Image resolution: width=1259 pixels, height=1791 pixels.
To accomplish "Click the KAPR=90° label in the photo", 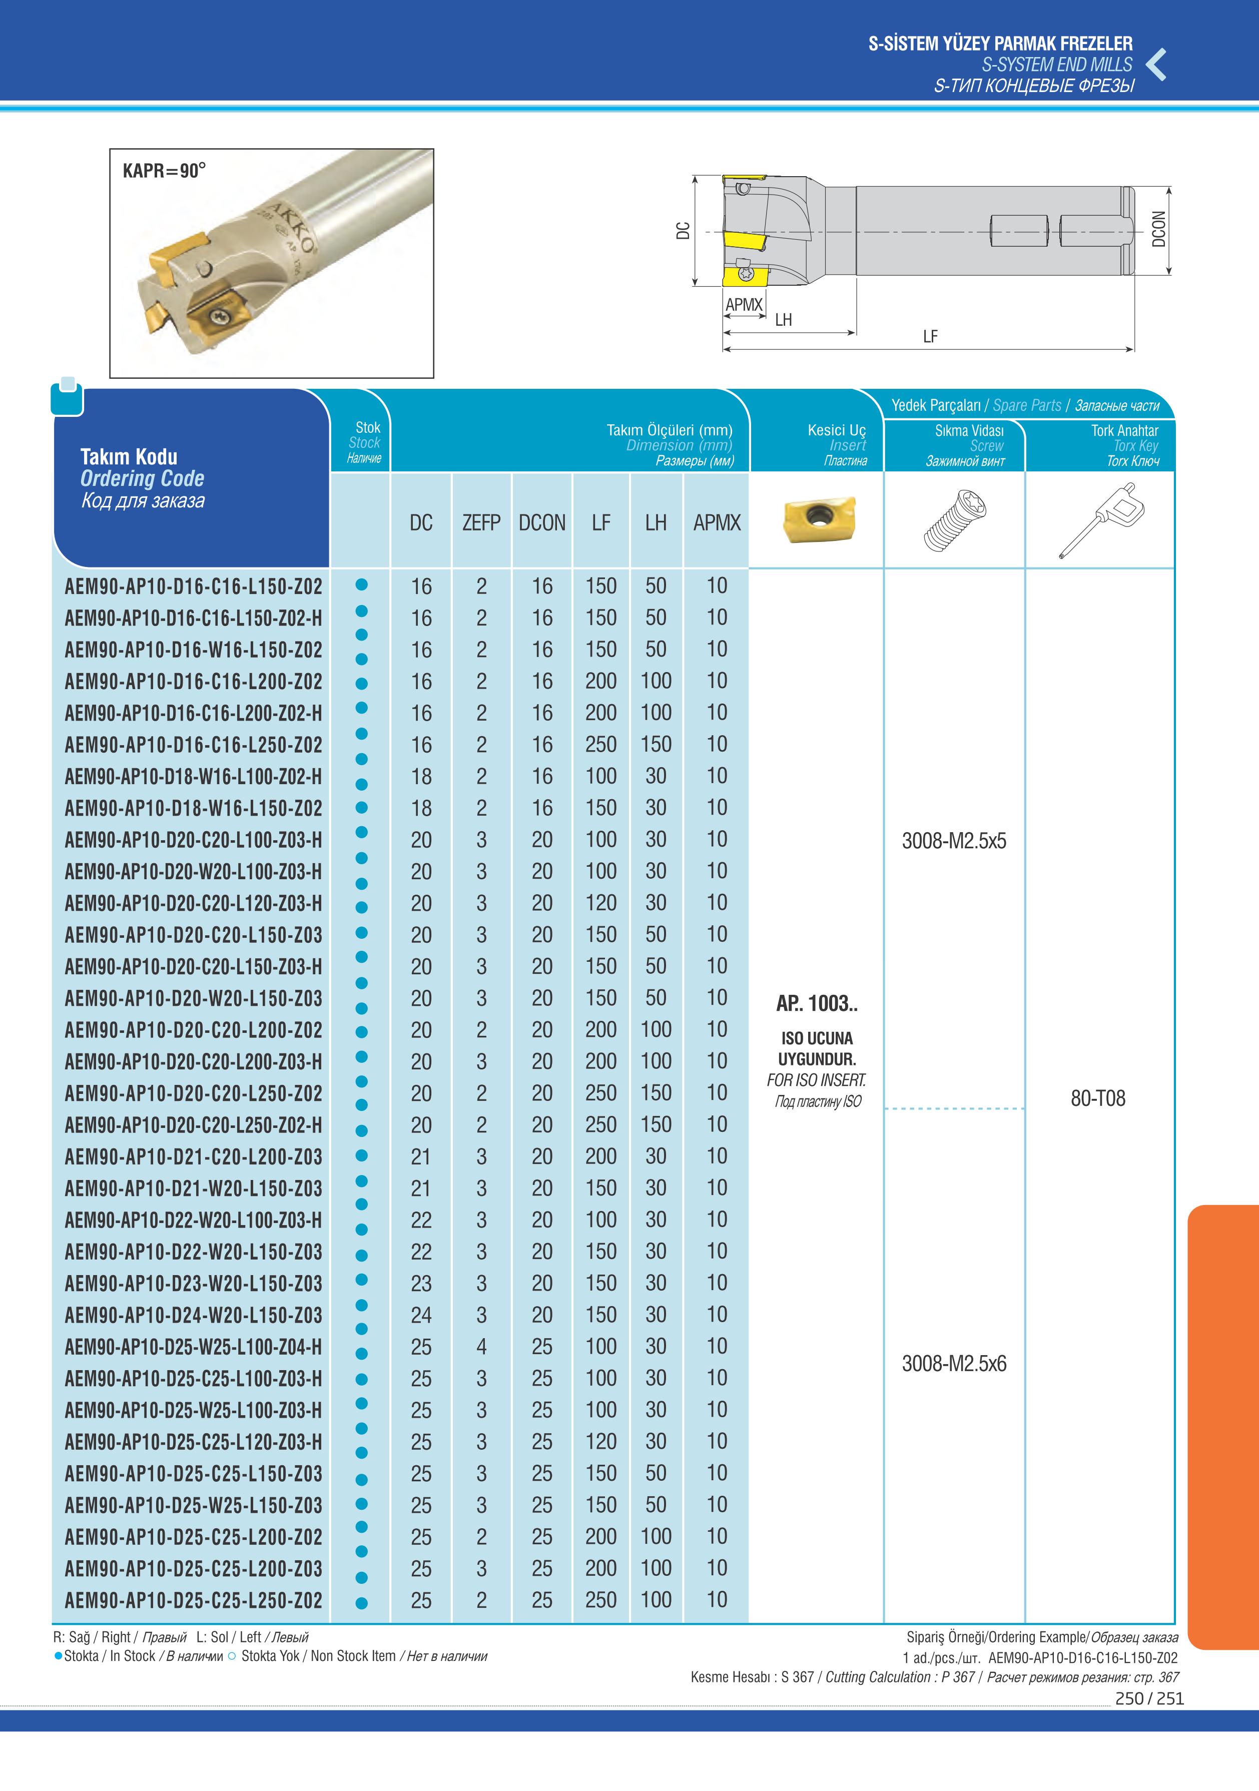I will [x=164, y=170].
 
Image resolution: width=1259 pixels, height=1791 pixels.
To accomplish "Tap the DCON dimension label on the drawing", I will [x=1158, y=229].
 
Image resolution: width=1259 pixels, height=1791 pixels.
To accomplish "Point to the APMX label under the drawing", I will [x=744, y=305].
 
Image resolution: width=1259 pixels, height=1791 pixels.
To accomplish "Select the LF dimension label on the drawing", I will [x=930, y=337].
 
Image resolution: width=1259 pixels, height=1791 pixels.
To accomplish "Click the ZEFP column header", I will [x=481, y=522].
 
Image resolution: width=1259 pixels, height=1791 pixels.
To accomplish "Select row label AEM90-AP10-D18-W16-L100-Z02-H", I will [x=193, y=777].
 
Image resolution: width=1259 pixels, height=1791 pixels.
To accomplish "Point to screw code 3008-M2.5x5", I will [x=954, y=841].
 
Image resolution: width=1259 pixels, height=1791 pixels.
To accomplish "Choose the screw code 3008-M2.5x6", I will [x=954, y=1364].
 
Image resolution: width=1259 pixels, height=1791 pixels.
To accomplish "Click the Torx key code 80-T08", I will [x=1097, y=1098].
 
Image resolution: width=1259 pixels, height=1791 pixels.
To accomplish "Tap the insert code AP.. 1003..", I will [x=817, y=1004].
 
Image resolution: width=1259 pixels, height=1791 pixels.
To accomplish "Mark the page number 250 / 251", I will [x=1149, y=1698].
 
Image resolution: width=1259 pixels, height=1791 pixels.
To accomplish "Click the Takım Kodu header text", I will [x=129, y=456].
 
